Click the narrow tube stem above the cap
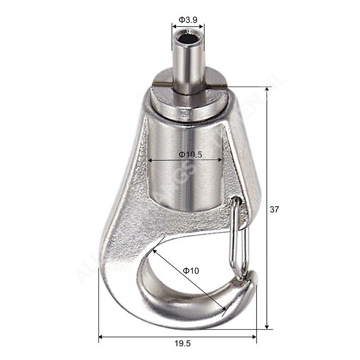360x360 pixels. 187,63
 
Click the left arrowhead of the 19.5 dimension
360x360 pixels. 101,336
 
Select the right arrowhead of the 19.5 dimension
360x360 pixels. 254,336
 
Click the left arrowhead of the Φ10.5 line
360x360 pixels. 151,159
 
